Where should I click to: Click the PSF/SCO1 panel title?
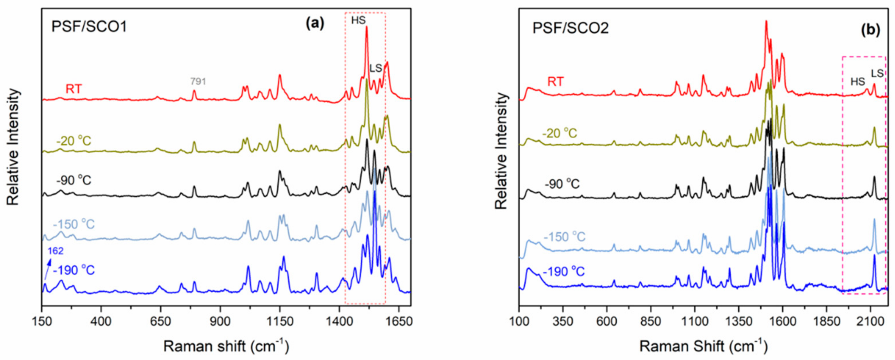click(x=89, y=26)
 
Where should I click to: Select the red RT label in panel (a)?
click(x=74, y=89)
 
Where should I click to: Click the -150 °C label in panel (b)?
click(x=565, y=237)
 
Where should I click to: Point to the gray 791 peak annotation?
click(x=198, y=81)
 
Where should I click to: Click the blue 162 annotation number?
click(x=56, y=251)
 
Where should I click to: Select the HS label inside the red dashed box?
click(x=359, y=20)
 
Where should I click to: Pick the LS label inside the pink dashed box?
click(x=877, y=73)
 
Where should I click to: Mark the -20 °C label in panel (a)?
click(x=74, y=141)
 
